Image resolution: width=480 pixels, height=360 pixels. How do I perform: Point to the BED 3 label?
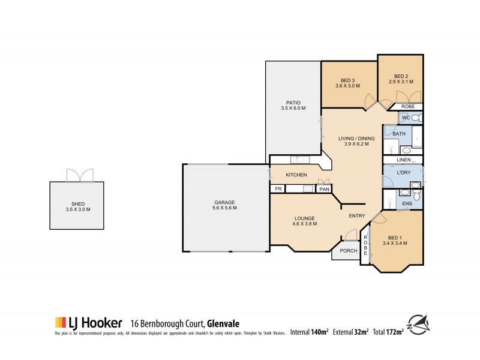click(x=348, y=83)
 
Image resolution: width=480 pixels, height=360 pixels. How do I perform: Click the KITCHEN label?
click(x=296, y=175)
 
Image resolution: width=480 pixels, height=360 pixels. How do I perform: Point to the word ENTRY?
click(x=358, y=216)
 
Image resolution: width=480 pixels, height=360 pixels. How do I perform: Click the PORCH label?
click(x=349, y=251)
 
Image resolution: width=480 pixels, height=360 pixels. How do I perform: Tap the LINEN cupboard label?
click(x=403, y=160)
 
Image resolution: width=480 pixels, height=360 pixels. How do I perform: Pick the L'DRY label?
click(x=403, y=173)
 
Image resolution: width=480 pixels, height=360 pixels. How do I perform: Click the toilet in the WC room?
click(x=418, y=118)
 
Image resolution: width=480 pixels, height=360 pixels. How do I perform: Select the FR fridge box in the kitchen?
click(x=278, y=189)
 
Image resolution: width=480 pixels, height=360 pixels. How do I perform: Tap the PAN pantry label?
click(x=323, y=189)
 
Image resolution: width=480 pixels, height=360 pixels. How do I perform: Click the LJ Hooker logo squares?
click(x=60, y=322)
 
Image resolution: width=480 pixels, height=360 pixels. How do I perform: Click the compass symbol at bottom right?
click(x=420, y=325)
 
